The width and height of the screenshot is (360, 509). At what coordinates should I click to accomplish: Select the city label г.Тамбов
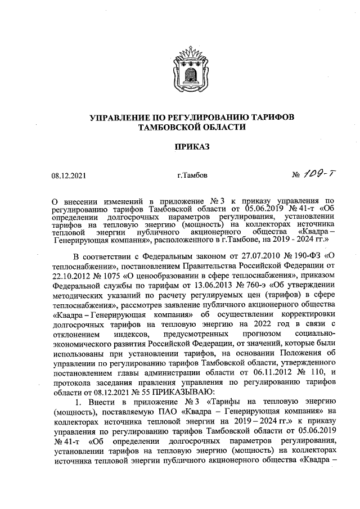click(192, 175)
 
